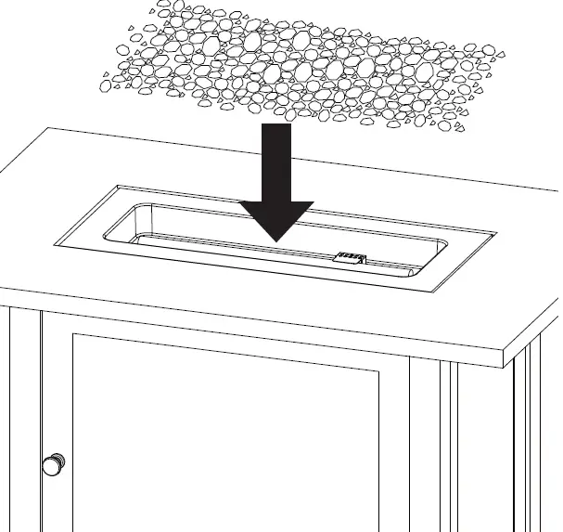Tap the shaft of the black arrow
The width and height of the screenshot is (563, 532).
[276, 162]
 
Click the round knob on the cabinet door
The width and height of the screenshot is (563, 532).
[54, 464]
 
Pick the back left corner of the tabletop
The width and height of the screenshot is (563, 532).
[48, 129]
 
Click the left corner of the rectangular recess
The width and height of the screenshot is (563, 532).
[56, 246]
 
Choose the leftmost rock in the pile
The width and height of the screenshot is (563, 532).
[105, 86]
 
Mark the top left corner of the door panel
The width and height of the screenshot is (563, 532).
[73, 335]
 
